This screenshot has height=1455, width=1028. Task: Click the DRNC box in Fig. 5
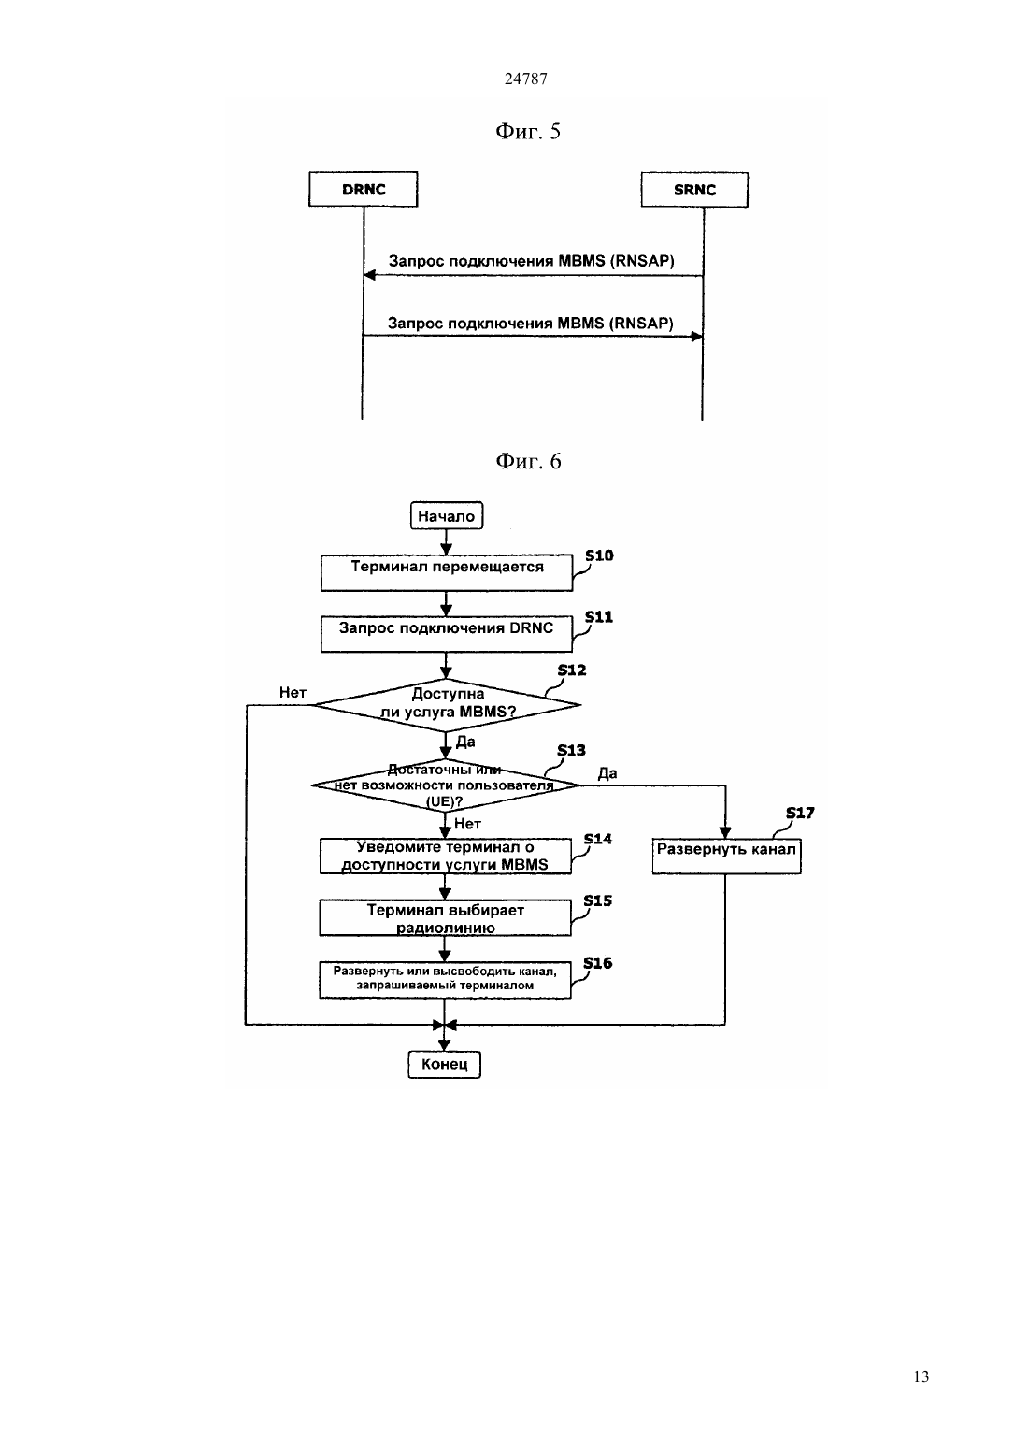tap(363, 189)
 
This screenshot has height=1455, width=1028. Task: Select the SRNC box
tap(694, 190)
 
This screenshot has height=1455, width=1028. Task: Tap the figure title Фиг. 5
tap(528, 131)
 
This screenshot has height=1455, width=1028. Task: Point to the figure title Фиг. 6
tap(528, 461)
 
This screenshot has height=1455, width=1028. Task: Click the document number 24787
tap(525, 79)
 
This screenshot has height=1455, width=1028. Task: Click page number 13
tap(921, 1376)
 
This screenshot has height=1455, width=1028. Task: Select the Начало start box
tap(447, 516)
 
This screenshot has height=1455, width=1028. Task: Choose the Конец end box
tap(445, 1064)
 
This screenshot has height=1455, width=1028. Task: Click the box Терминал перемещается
tap(447, 572)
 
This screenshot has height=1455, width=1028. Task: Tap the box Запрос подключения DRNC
tap(447, 634)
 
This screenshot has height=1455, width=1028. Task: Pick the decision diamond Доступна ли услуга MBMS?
tap(447, 705)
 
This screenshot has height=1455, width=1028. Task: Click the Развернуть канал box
tap(726, 856)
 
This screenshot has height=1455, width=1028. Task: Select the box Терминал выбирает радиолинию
tap(445, 917)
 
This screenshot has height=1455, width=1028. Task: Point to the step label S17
tap(800, 813)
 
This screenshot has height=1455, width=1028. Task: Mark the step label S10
tap(599, 555)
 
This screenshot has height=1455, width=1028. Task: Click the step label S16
tap(597, 962)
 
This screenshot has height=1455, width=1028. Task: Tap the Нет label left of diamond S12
tap(293, 692)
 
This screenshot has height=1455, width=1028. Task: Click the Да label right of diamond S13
tap(607, 773)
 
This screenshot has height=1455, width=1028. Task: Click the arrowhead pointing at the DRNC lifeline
tap(369, 275)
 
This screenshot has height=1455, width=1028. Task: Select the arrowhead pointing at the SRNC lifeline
tap(696, 337)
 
